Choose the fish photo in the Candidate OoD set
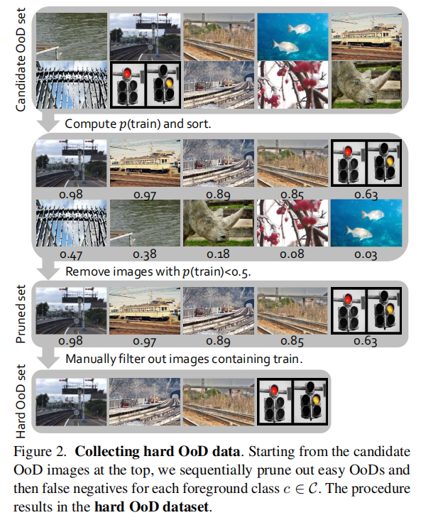pos(292,33)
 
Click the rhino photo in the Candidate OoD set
pos(366,84)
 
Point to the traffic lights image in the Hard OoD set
pos(292,401)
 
